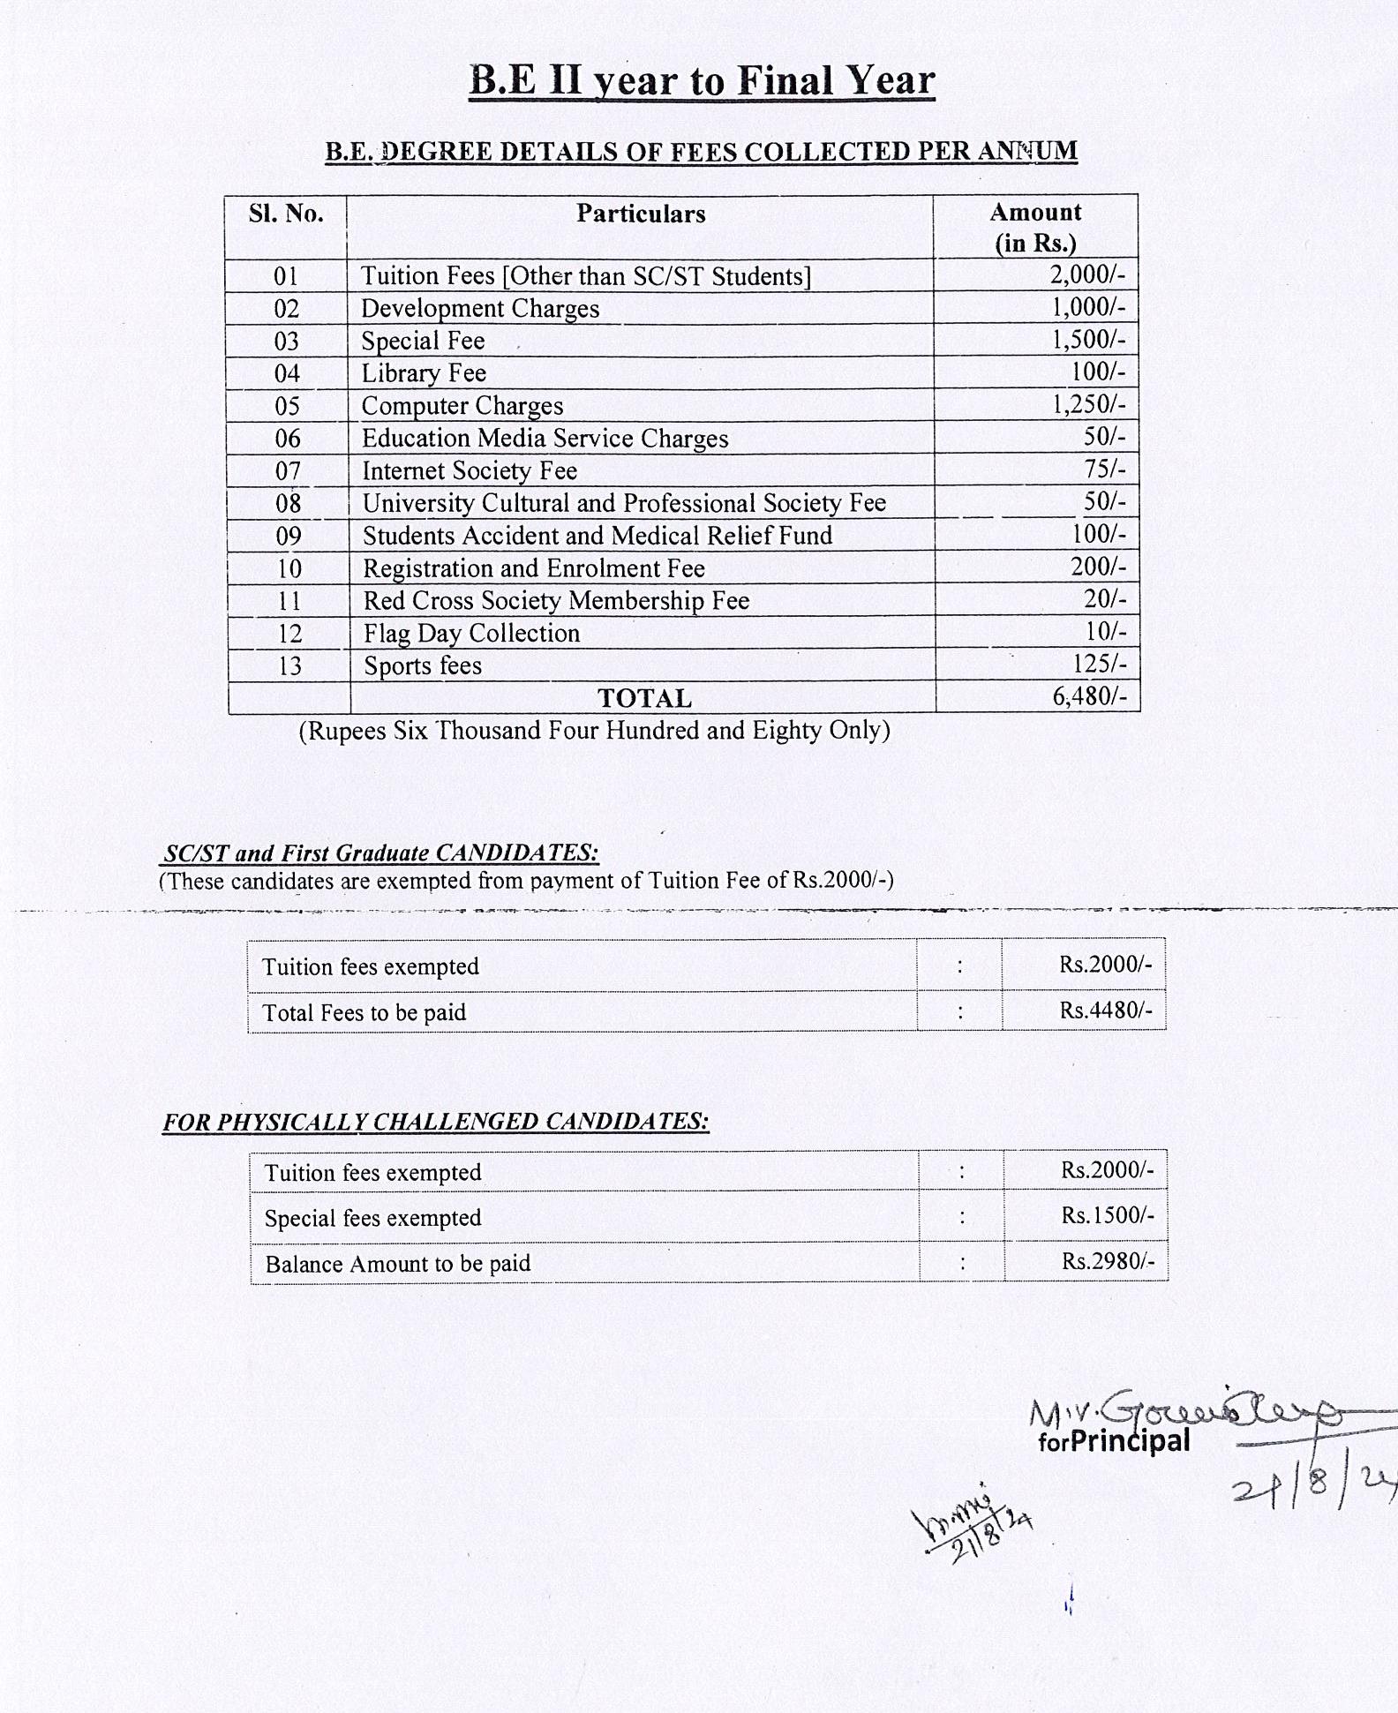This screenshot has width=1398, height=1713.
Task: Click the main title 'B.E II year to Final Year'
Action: click(x=702, y=81)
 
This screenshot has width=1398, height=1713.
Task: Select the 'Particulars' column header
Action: click(x=641, y=214)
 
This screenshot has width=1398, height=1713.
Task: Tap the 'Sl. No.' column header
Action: click(x=286, y=214)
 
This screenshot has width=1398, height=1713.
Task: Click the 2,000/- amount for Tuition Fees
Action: click(x=1087, y=274)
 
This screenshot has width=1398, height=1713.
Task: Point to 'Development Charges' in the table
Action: click(x=480, y=309)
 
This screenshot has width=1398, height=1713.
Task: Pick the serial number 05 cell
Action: click(x=288, y=406)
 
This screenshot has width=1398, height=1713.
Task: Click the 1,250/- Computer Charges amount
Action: click(x=1088, y=404)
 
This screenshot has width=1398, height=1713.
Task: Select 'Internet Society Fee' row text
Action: click(x=470, y=471)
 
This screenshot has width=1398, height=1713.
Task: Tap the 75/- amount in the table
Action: click(x=1105, y=469)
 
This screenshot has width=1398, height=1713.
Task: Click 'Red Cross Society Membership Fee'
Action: click(x=556, y=601)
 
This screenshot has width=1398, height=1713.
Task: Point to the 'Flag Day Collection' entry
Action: click(x=471, y=634)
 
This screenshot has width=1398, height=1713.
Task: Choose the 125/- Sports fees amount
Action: click(x=1099, y=664)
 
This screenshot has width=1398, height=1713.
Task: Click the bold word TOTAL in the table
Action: click(x=644, y=698)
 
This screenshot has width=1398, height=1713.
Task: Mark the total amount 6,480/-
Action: click(x=1089, y=696)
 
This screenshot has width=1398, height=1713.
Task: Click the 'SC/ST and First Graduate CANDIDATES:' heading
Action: click(x=381, y=853)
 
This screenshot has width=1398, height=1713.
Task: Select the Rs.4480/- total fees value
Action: click(x=1105, y=1011)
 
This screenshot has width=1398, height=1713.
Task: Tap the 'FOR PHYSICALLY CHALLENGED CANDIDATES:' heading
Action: click(x=436, y=1122)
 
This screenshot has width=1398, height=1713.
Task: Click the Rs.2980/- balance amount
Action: click(x=1108, y=1262)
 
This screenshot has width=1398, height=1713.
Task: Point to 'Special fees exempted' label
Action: click(x=372, y=1219)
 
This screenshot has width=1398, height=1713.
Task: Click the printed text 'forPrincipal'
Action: click(x=1114, y=1441)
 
